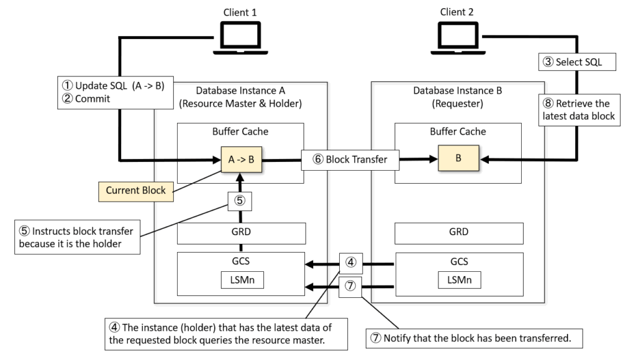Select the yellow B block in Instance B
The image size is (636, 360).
[458, 158]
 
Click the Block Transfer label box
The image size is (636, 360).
[350, 160]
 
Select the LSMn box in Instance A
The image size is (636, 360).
[242, 281]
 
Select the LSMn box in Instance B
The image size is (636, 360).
[458, 281]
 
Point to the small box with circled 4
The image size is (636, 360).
[350, 263]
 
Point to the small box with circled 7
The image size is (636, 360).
[350, 286]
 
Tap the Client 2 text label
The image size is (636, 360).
[457, 12]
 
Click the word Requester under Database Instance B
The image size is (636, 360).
[458, 103]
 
